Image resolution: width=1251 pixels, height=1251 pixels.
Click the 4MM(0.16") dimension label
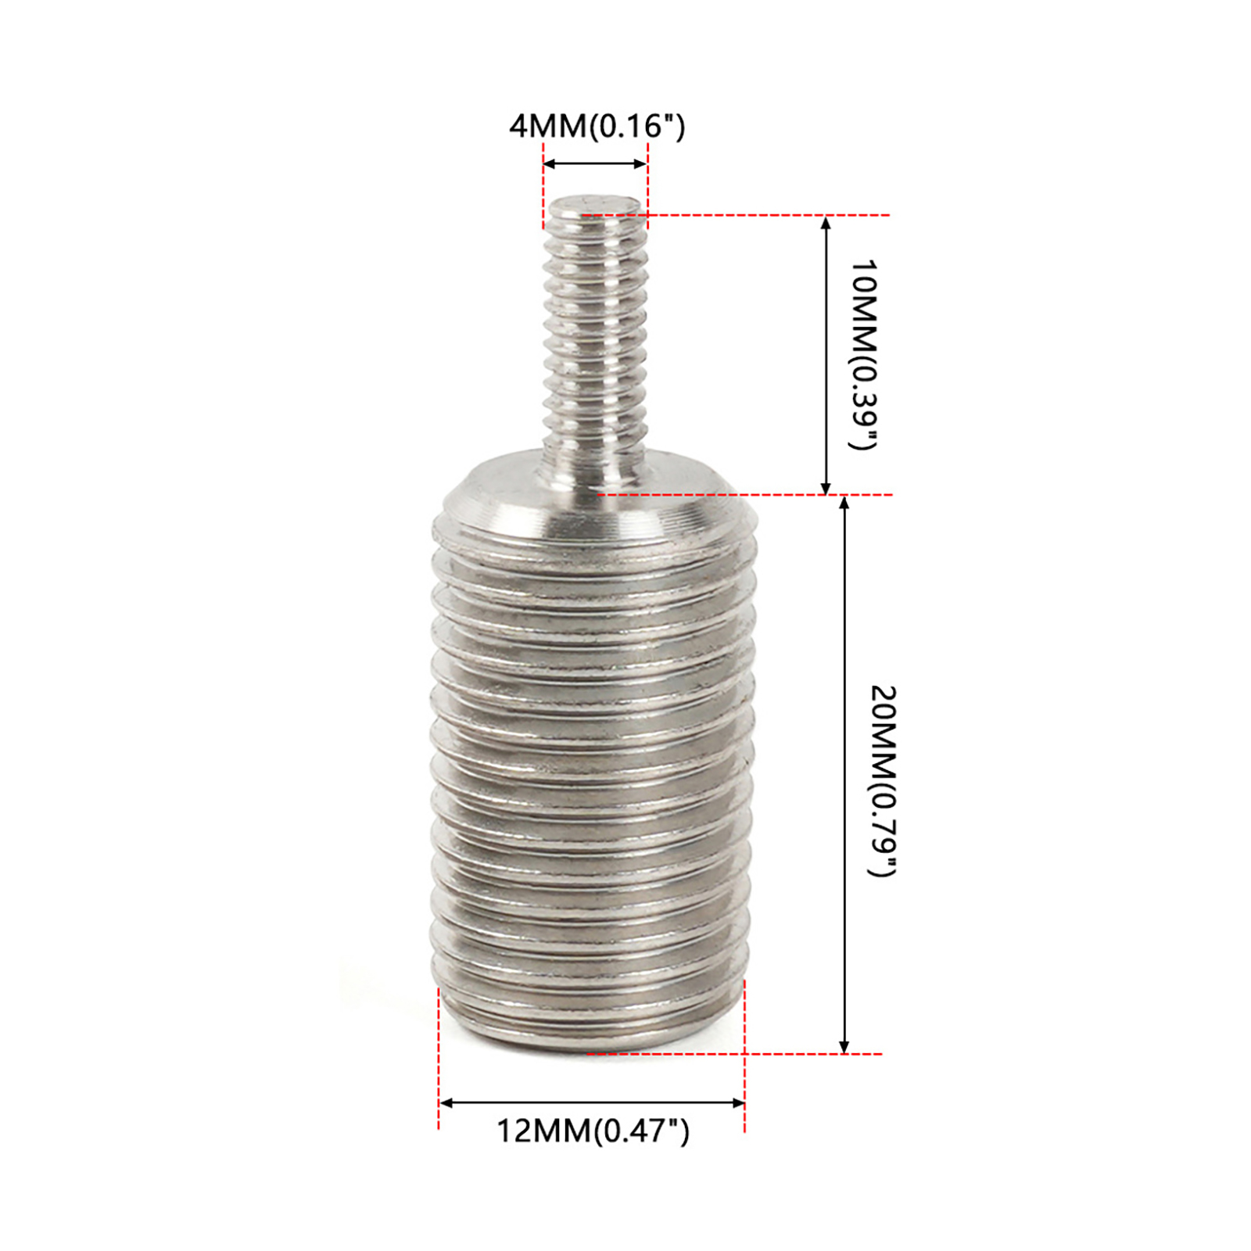(x=597, y=126)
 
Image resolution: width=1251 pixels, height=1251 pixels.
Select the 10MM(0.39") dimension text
(x=864, y=355)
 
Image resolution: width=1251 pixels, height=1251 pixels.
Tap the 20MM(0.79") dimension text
(x=884, y=781)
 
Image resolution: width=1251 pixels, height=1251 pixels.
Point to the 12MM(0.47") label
(x=593, y=1131)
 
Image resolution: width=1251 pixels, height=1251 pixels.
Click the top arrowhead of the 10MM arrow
(x=826, y=223)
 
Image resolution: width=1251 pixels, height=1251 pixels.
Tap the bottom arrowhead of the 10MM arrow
(x=826, y=487)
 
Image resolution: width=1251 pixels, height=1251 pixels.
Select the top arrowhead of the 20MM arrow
(x=844, y=503)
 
